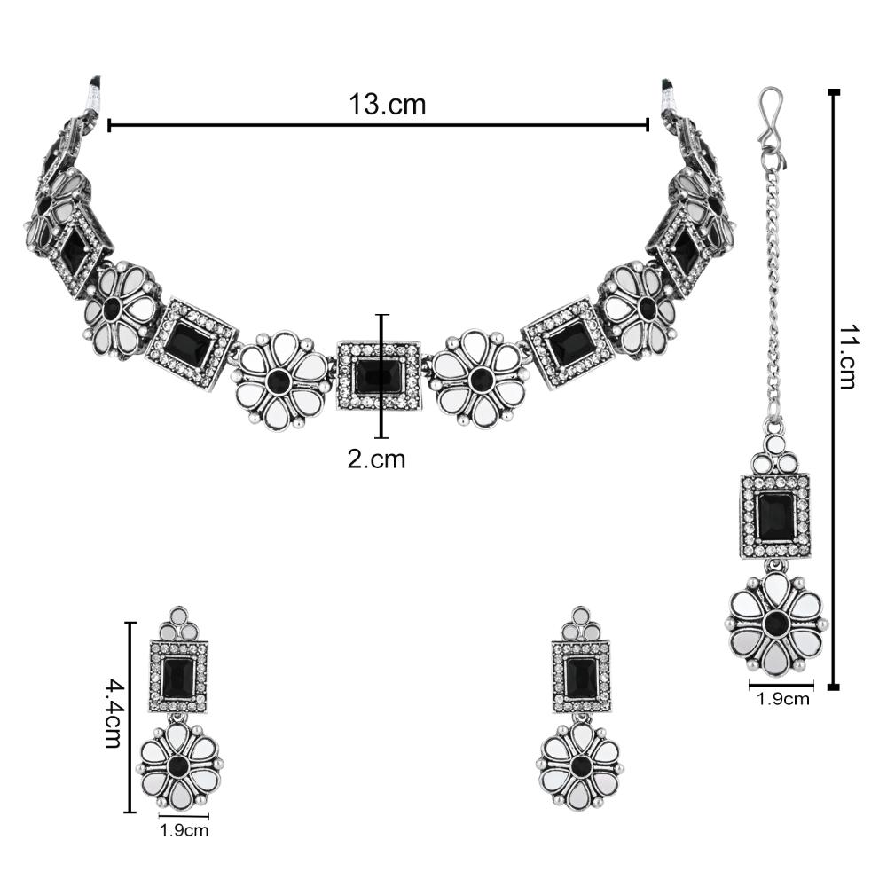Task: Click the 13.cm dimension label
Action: [x=387, y=105]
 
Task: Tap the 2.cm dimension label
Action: [x=376, y=459]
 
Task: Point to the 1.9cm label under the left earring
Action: [x=184, y=831]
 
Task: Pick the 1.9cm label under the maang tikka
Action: [x=782, y=698]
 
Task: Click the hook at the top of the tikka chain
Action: [x=771, y=114]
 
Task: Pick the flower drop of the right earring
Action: [x=581, y=765]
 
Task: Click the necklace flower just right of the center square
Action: [x=480, y=379]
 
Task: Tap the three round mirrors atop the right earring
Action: [x=583, y=626]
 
